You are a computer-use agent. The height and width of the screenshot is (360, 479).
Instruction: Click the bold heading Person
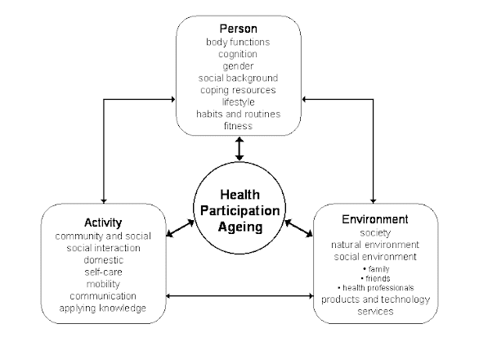click(239, 29)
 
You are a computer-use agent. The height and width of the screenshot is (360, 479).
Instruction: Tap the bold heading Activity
click(103, 223)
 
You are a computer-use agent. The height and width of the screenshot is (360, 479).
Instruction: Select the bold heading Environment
click(375, 219)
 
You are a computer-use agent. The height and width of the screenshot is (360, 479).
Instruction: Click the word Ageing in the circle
click(240, 227)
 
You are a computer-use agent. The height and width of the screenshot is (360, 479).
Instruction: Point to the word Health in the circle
click(239, 195)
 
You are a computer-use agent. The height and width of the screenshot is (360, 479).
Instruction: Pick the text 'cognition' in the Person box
click(238, 54)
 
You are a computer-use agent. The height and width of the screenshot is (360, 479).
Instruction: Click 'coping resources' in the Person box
click(238, 90)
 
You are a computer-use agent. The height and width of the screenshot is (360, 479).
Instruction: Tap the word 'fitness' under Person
click(239, 126)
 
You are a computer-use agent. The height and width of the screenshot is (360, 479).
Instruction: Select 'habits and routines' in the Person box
click(239, 114)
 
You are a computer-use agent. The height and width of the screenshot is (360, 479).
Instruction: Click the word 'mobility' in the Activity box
click(103, 284)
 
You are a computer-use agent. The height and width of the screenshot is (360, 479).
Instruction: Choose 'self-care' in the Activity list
click(103, 272)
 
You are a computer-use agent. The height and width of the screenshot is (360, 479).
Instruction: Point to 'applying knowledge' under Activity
click(103, 308)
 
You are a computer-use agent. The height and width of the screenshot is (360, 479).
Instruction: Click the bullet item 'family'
click(376, 269)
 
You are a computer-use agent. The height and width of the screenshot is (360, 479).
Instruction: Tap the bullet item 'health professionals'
click(376, 288)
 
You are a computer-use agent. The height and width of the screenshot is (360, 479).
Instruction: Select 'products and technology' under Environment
click(375, 299)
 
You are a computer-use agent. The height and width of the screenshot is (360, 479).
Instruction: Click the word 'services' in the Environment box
click(375, 312)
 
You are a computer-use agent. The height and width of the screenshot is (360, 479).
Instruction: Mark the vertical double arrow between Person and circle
click(239, 149)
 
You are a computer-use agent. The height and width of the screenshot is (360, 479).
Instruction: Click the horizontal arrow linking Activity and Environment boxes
click(239, 295)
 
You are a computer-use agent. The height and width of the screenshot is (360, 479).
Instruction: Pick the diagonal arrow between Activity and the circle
click(180, 228)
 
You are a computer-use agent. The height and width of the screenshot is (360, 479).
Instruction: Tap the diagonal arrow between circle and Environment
click(298, 228)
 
